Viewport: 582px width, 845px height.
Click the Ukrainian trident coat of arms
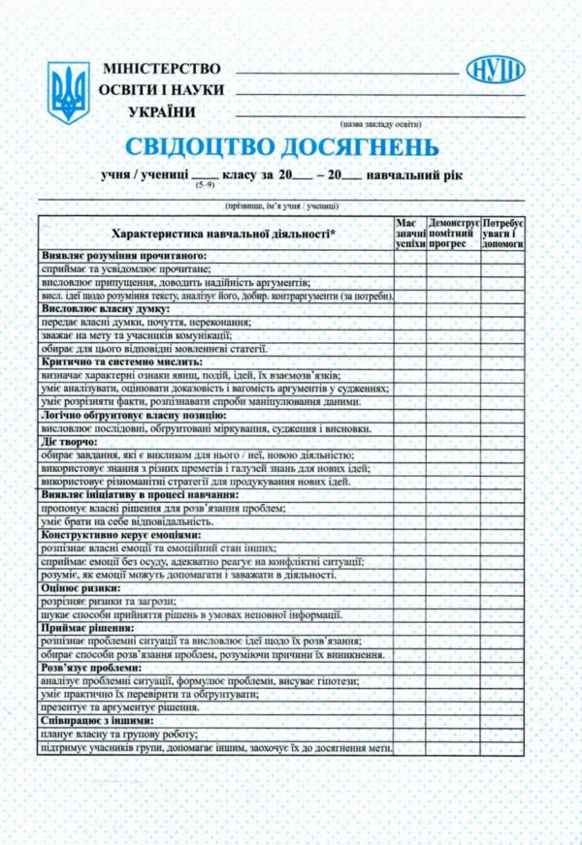coord(69,92)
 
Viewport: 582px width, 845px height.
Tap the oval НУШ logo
coord(495,70)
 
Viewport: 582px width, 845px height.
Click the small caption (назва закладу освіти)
coord(380,123)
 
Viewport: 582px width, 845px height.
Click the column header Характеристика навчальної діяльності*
coord(217,234)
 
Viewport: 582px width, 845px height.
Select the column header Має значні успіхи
coord(410,234)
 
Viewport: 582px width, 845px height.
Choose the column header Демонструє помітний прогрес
coord(453,234)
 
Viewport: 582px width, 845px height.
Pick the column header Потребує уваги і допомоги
coord(503,234)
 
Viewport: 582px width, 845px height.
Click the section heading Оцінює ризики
coord(81,587)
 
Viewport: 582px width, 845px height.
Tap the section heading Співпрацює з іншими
coord(97,721)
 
